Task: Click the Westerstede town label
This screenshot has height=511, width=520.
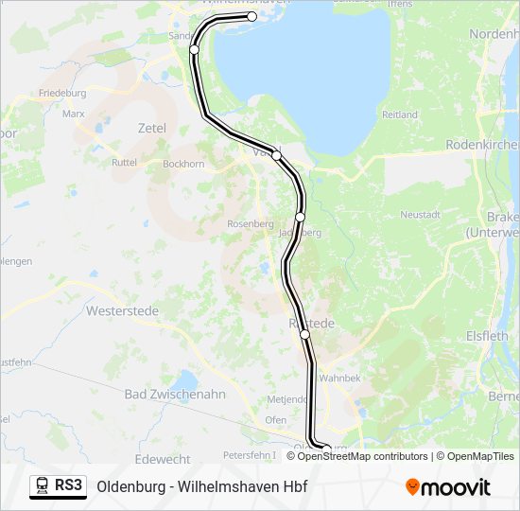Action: click(x=126, y=309)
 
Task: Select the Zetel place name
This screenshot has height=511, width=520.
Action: click(x=151, y=128)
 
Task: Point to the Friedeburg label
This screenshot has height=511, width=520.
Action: click(x=62, y=94)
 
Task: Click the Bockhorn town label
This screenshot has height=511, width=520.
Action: click(x=183, y=164)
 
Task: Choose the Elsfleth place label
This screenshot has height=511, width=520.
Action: click(x=492, y=335)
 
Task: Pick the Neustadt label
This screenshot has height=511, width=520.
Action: click(x=421, y=215)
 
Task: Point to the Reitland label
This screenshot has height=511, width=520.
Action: click(x=400, y=115)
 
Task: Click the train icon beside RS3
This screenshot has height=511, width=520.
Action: click(x=43, y=486)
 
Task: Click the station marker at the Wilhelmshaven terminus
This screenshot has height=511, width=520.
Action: click(x=252, y=16)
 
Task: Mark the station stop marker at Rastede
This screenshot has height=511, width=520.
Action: click(x=305, y=334)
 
